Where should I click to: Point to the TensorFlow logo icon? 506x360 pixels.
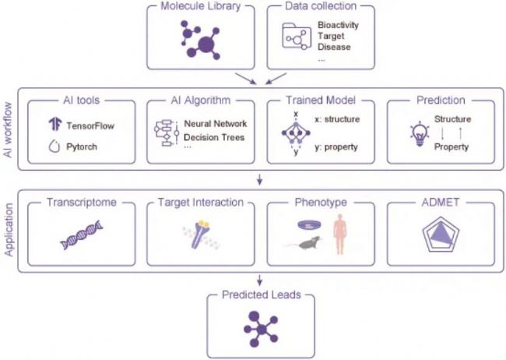coord(54,125)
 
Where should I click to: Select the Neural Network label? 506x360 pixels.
coord(216,124)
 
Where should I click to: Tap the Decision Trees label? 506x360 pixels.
coord(213,138)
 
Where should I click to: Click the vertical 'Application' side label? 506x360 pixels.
coord(9,230)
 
